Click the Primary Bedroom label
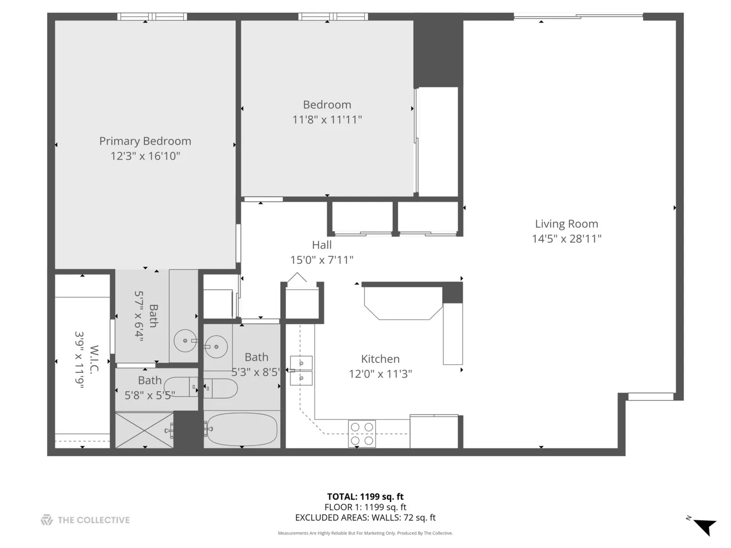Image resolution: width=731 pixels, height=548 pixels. tap(145, 141)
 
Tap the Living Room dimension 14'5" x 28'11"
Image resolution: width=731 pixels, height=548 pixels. tap(567, 238)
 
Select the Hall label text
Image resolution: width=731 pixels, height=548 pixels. tap(322, 245)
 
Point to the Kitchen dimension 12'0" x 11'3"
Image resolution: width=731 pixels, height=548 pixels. tap(380, 374)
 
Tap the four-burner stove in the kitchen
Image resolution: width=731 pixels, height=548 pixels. tap(362, 434)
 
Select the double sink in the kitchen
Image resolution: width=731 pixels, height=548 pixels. tap(301, 370)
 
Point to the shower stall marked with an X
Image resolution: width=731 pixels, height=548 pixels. tap(145, 430)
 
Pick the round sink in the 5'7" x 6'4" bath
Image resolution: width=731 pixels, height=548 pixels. tap(185, 340)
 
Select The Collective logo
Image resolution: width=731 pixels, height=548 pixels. tap(85, 520)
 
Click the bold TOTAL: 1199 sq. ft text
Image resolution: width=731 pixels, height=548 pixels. tap(365, 497)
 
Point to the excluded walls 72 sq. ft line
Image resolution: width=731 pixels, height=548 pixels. tap(365, 518)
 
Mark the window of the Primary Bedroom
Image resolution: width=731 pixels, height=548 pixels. tap(152, 17)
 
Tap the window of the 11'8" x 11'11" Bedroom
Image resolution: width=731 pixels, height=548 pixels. tap(334, 17)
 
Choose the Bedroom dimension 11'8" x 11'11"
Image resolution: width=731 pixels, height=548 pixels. tap(327, 120)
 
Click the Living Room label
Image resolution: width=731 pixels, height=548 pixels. tap(567, 224)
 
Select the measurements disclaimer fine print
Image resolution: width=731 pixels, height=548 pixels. tap(365, 533)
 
